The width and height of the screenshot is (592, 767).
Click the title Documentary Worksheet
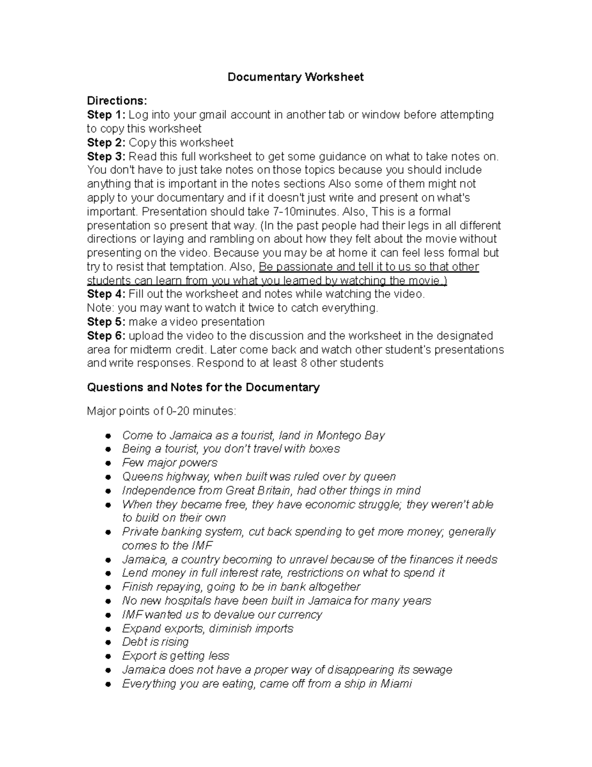click(295, 77)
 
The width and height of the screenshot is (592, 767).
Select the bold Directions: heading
click(117, 101)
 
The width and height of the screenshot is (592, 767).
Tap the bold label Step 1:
click(106, 115)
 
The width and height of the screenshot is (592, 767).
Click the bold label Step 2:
click(106, 143)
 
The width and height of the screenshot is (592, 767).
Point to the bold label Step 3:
click(106, 157)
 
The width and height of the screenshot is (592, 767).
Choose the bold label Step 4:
click(106, 294)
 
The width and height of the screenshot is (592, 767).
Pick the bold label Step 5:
click(106, 322)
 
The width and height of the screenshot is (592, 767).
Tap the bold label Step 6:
click(106, 336)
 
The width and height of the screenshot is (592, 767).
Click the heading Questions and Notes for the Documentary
click(203, 387)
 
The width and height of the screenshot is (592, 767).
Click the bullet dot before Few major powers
click(108, 463)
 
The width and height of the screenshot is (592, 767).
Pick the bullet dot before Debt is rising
click(108, 643)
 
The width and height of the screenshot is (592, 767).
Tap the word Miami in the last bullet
click(396, 684)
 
